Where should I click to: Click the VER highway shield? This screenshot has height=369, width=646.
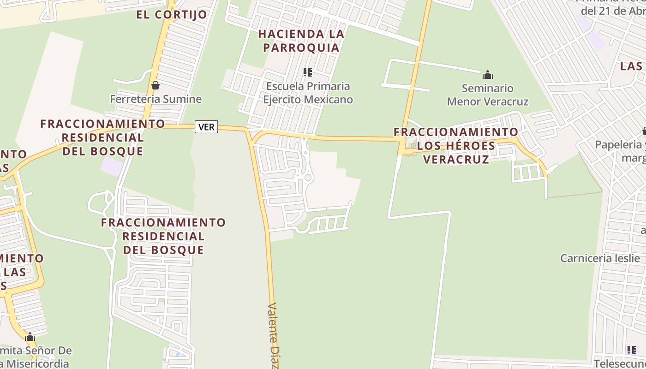point(206,127)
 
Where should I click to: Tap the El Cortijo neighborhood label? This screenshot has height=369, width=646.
point(172,15)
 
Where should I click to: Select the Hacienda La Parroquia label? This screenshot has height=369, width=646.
point(301,41)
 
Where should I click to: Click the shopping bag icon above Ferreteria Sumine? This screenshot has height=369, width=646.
point(156,85)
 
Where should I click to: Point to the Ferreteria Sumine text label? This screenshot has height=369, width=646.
point(156,99)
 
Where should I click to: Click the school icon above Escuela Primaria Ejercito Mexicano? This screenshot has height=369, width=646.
point(308,72)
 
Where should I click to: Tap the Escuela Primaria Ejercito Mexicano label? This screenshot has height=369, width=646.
point(308,93)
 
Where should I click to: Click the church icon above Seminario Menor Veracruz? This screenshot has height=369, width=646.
point(488,75)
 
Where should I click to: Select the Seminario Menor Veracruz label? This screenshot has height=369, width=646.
point(488,95)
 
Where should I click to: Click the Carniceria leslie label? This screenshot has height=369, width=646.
point(600,258)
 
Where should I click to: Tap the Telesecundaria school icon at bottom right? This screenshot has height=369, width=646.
point(631,350)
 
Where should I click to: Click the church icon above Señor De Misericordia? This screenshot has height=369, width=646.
point(30,337)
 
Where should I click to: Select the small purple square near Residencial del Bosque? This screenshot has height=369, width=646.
point(111,166)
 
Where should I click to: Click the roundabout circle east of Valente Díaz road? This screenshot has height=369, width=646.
point(308,178)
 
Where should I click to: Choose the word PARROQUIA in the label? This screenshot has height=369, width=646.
point(301,48)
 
